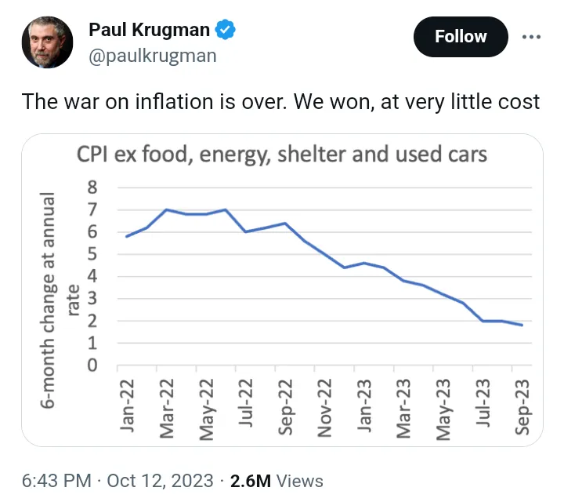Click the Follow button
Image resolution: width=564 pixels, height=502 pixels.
[x=461, y=36]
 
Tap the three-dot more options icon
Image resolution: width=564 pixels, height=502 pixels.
[x=530, y=36]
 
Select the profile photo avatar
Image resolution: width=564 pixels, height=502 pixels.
[x=45, y=45]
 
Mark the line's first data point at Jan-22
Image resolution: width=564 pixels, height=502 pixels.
[x=127, y=236]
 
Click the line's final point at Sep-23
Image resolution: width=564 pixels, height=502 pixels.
[x=522, y=325]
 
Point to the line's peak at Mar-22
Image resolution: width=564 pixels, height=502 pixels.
[x=166, y=209]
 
